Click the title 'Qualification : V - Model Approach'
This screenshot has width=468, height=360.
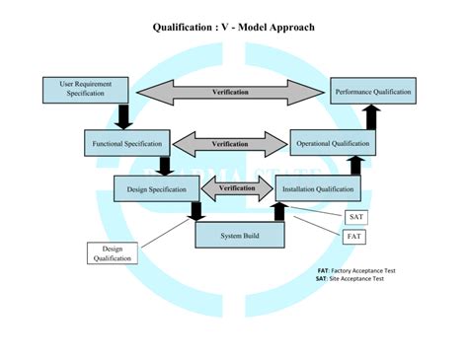click(234, 27)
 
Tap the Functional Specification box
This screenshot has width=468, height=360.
click(126, 144)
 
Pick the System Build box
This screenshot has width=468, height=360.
click(240, 235)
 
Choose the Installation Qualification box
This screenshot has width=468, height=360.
click(317, 188)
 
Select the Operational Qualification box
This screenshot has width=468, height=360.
click(335, 144)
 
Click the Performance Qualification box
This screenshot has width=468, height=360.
click(372, 92)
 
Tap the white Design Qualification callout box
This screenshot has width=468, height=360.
click(112, 253)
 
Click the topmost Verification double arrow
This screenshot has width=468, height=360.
click(230, 92)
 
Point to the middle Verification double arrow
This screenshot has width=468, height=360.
click(230, 144)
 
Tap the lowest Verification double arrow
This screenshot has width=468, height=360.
click(236, 188)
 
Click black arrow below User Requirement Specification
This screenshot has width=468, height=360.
click(123, 116)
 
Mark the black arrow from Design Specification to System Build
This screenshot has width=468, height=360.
click(195, 211)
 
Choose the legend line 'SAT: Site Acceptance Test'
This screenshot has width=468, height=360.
click(350, 279)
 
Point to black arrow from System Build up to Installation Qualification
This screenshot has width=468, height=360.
click(278, 211)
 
